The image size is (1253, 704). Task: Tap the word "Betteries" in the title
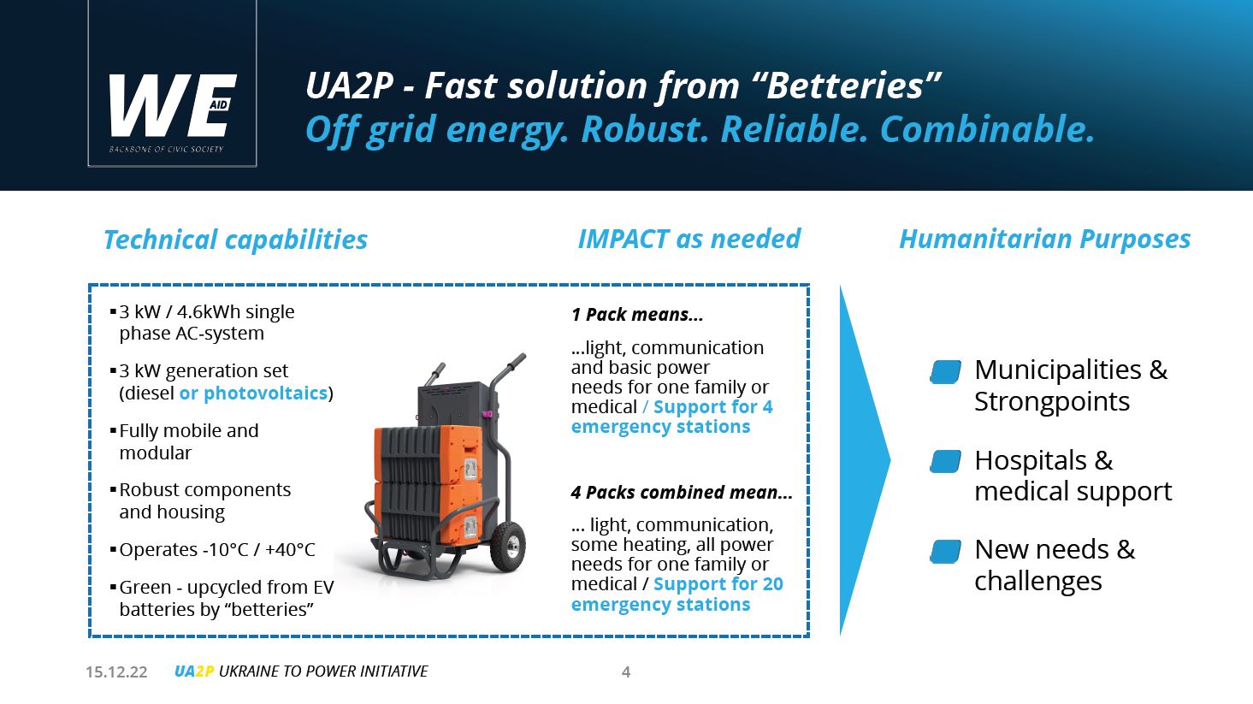tap(845, 86)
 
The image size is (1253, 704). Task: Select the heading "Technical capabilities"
tap(235, 240)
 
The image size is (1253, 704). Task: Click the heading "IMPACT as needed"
tap(689, 239)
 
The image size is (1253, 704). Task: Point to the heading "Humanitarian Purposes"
tap(1045, 240)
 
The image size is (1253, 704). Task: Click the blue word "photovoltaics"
tap(265, 393)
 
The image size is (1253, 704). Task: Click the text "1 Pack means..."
tap(636, 315)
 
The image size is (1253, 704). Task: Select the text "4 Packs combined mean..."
tap(682, 493)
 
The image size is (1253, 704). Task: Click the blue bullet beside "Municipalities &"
tap(945, 372)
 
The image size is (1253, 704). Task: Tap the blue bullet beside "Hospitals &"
tap(945, 462)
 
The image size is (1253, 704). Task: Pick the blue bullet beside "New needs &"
tap(945, 551)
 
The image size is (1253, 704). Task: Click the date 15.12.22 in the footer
tap(116, 672)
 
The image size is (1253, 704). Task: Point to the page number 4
tap(626, 672)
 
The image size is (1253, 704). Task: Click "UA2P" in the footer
tap(194, 671)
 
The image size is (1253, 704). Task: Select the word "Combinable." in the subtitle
tap(987, 130)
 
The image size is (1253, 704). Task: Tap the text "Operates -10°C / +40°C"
tap(217, 549)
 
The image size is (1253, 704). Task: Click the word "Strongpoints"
tap(1052, 402)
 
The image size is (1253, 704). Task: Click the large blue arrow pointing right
tap(865, 460)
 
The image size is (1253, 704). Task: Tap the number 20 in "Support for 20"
tap(772, 584)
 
